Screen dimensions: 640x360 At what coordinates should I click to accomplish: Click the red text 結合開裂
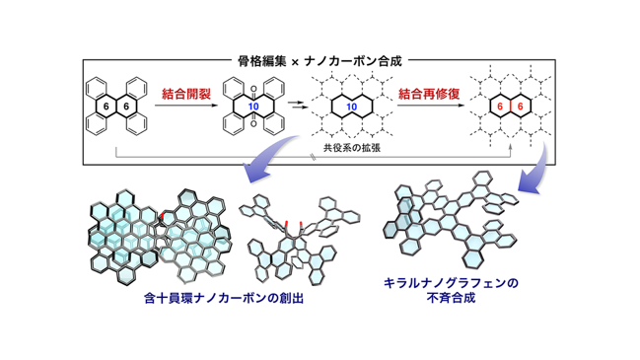[186, 94]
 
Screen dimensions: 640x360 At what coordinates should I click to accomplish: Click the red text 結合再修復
[429, 94]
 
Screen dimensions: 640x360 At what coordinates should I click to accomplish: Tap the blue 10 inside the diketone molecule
[253, 107]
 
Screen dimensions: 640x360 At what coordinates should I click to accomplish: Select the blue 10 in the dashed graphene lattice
[351, 107]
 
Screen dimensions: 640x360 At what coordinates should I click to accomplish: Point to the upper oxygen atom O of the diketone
[253, 89]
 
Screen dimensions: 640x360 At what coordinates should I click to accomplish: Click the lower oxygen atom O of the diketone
[253, 124]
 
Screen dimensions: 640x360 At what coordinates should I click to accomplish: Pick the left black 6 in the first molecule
[107, 107]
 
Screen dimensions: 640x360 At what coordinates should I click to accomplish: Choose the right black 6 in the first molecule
[126, 107]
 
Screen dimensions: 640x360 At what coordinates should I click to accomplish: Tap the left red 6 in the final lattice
[500, 107]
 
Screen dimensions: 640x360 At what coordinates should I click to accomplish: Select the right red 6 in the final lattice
[520, 107]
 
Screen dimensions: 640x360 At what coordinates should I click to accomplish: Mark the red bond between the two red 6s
[510, 107]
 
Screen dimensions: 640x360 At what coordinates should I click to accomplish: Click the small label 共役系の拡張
[352, 147]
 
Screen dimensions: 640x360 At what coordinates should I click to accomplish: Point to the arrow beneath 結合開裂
[186, 106]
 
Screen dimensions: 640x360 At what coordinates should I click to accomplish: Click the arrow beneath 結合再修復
[431, 106]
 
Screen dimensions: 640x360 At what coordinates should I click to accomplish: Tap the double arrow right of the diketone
[297, 105]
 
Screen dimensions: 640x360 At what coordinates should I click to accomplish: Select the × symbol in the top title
[295, 62]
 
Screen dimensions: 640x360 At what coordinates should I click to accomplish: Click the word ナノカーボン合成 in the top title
[353, 61]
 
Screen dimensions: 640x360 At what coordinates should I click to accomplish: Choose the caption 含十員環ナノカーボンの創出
[224, 299]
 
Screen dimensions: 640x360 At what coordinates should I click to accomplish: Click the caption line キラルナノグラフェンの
[451, 283]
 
